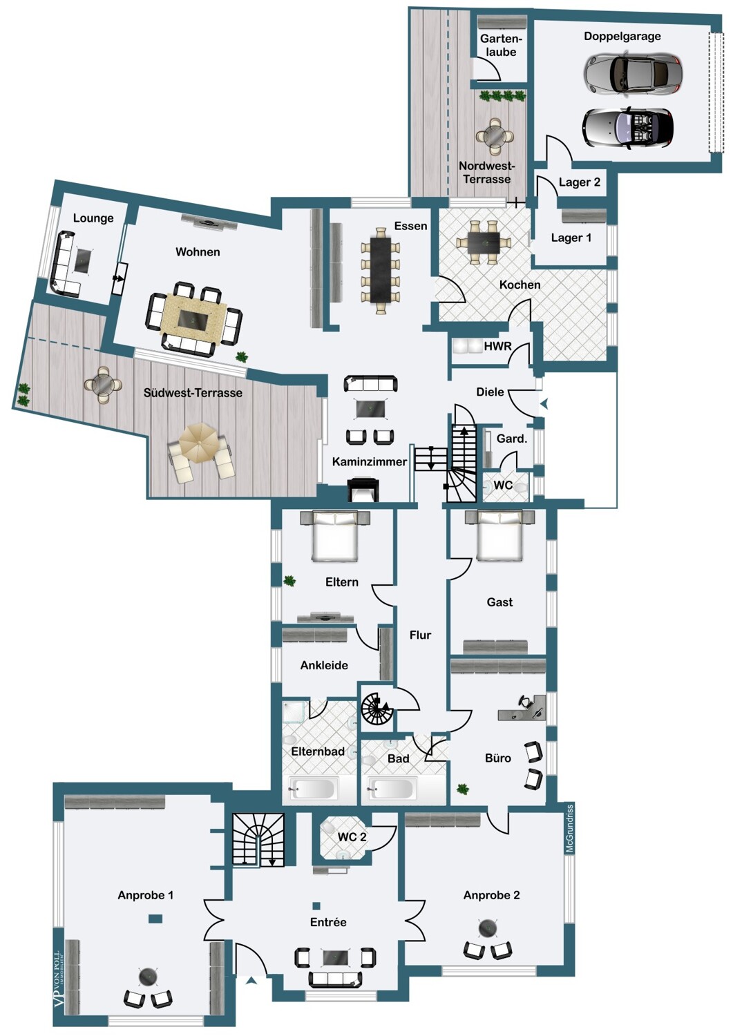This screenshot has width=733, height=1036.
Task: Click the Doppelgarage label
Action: (x=622, y=36)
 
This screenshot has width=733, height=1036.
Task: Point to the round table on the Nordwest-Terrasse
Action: (x=495, y=137)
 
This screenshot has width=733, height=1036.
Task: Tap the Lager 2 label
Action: (x=579, y=182)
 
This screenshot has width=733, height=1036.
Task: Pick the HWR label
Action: (x=497, y=347)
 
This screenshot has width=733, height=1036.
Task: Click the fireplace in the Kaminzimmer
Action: (x=363, y=490)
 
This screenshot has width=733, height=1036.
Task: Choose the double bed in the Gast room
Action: (x=499, y=535)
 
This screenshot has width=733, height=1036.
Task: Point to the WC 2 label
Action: (x=352, y=836)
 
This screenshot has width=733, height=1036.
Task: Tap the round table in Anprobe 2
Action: (x=487, y=925)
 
